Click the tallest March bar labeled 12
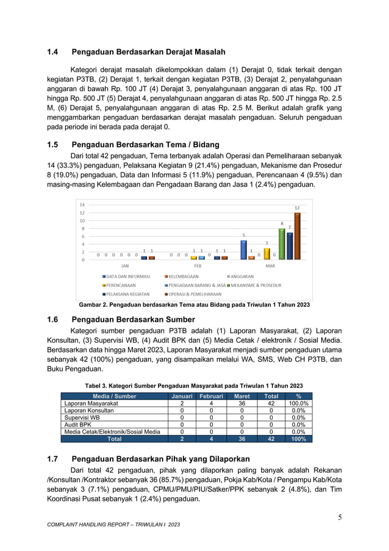coord(297,236)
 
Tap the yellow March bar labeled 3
coord(266,254)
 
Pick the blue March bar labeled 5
coord(244,249)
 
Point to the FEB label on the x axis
coord(198,266)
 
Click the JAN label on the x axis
coord(125,266)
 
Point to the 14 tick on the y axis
coord(82,205)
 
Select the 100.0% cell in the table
coord(298,404)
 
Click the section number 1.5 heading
coord(56,145)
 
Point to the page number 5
coord(340,519)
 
